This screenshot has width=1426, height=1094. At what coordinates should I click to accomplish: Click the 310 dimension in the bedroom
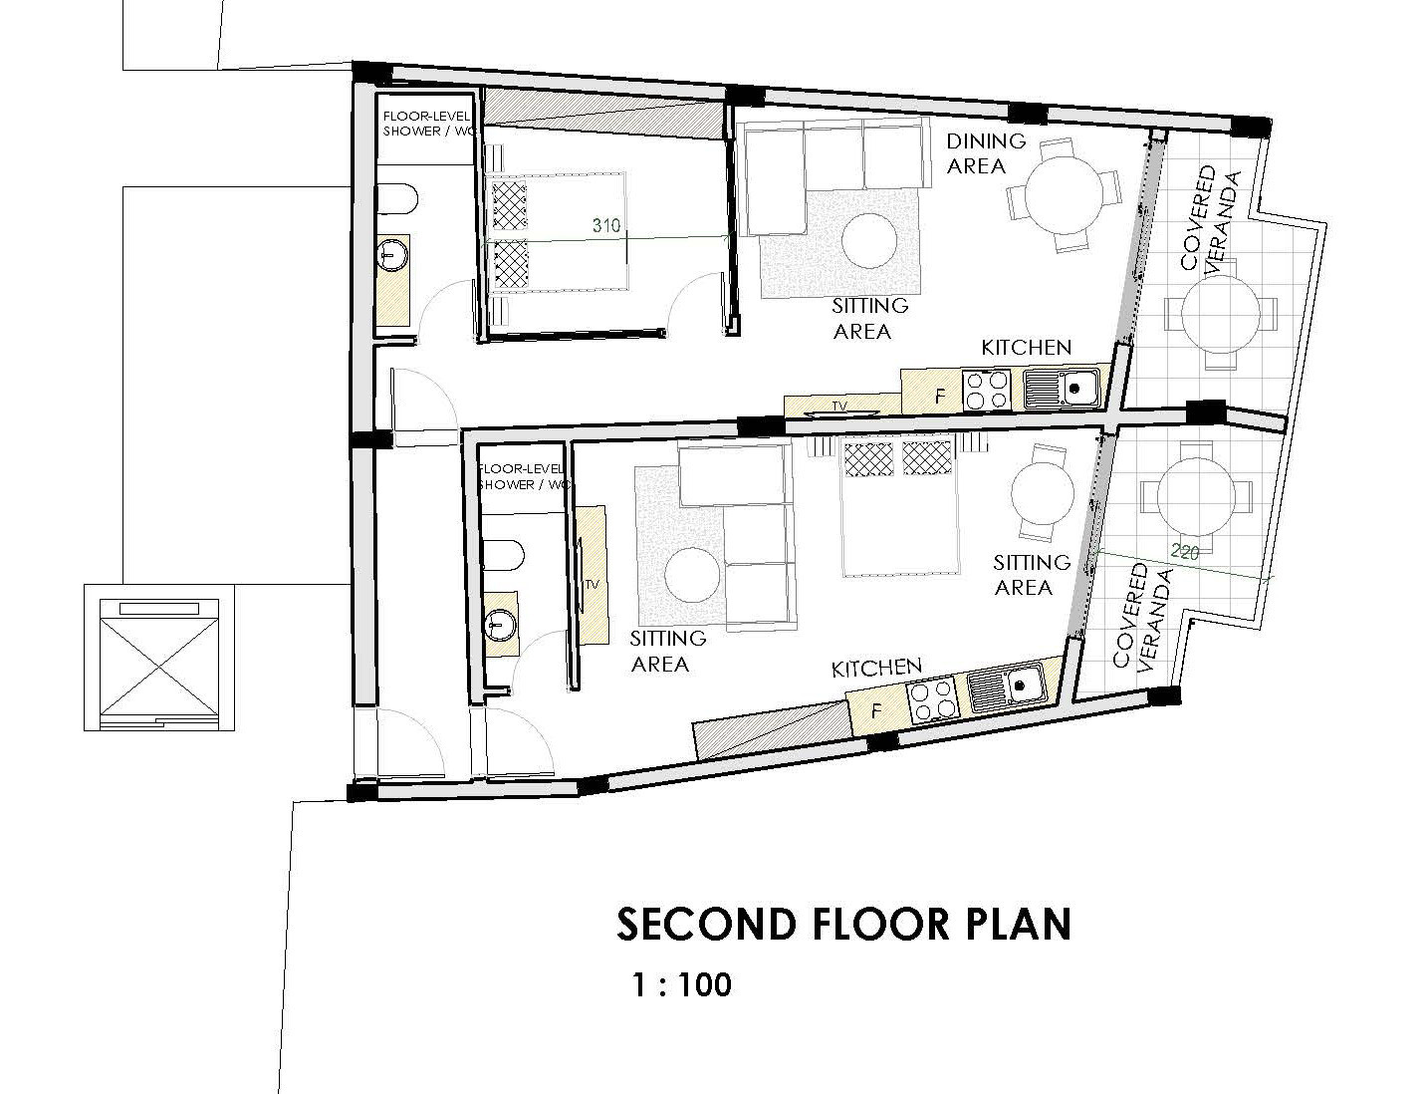(605, 226)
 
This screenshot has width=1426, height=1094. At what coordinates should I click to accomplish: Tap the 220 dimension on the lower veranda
(1184, 553)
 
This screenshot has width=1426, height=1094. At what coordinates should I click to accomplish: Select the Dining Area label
(986, 153)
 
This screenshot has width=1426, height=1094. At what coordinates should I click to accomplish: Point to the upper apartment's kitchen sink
(1062, 389)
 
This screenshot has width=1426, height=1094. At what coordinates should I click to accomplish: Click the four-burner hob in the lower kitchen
(932, 699)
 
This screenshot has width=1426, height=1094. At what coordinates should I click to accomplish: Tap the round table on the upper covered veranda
(1221, 314)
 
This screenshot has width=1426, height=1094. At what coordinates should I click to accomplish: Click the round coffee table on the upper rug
(869, 241)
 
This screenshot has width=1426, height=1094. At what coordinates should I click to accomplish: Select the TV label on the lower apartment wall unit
(592, 584)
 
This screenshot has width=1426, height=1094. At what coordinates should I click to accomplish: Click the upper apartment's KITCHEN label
(1027, 347)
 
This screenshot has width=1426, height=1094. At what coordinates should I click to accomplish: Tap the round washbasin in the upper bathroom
(393, 254)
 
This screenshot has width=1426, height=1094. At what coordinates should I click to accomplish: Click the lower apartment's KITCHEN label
(876, 669)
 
